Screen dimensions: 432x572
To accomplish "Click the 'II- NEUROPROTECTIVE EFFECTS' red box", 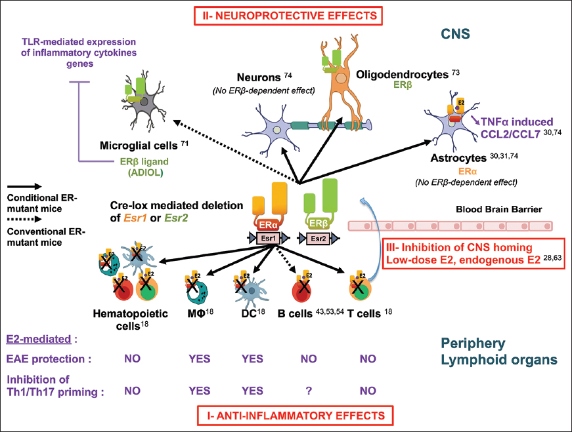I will pos(286,13).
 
